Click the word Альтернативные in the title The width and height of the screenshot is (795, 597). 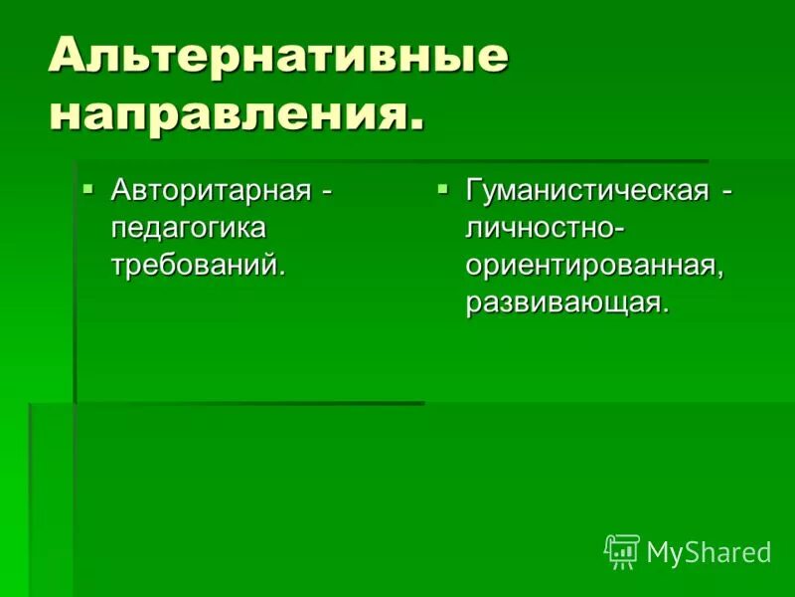[x=278, y=58]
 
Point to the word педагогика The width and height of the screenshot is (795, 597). [x=189, y=227]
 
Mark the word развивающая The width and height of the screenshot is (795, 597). [x=562, y=301]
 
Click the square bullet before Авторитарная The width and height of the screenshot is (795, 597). [x=87, y=186]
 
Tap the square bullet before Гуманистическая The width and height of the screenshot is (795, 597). [x=443, y=186]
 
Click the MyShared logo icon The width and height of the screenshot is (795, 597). [x=622, y=551]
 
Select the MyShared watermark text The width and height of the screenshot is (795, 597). [x=709, y=553]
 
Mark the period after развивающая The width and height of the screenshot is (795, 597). [x=664, y=311]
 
